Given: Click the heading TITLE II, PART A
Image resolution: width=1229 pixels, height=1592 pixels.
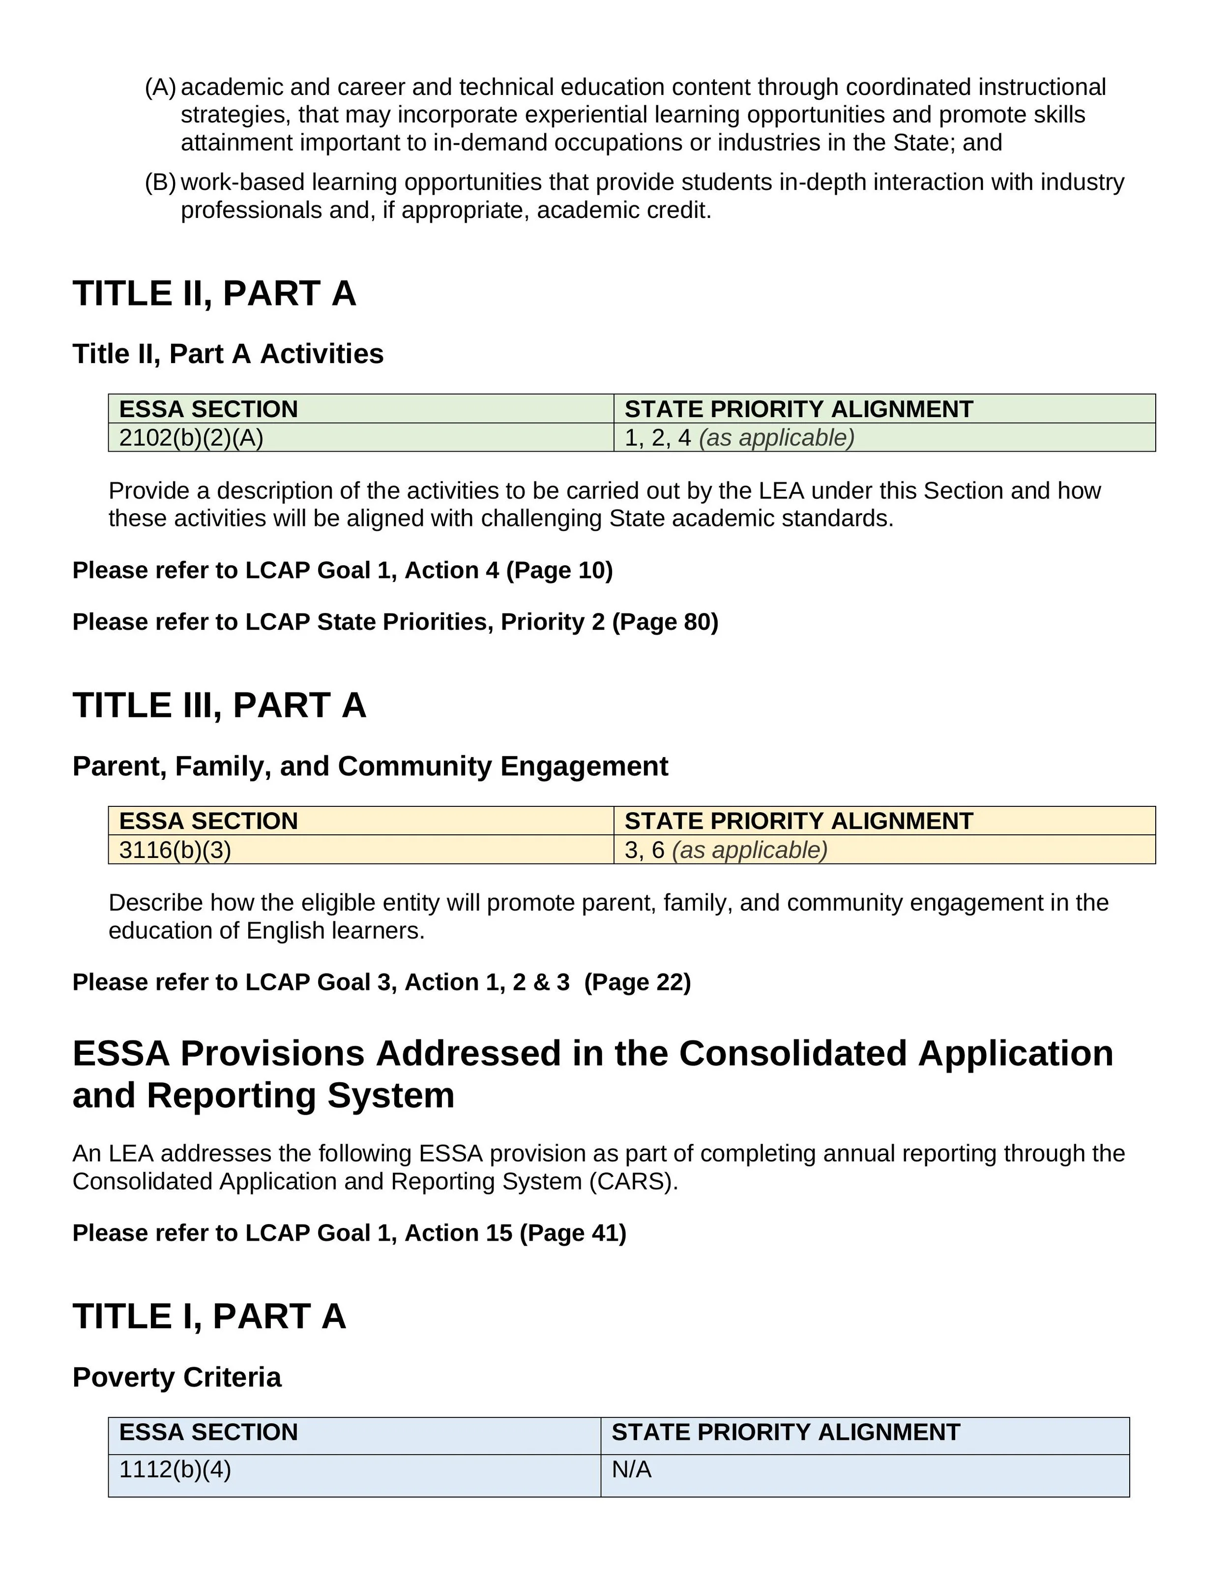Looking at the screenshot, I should point(214,293).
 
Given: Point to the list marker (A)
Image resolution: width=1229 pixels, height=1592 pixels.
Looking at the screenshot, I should point(160,87).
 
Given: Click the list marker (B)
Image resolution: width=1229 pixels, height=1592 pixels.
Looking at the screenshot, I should point(160,182).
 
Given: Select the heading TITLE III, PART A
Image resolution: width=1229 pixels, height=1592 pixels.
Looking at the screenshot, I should point(219,705).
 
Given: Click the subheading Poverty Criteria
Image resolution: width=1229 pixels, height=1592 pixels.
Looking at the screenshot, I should point(176,1377).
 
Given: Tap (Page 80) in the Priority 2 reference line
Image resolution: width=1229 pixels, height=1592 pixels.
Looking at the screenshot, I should point(665,622).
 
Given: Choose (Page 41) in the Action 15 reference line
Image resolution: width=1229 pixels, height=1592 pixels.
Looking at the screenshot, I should point(573,1233).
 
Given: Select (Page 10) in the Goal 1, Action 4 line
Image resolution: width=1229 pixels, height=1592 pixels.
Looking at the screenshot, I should point(559,570).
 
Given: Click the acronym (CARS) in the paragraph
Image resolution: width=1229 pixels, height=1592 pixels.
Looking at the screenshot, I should point(632,1181).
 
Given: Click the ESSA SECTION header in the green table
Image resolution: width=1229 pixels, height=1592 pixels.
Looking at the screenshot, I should point(208,409).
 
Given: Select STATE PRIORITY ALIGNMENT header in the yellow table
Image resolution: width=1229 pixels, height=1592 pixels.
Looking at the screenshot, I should point(798,821).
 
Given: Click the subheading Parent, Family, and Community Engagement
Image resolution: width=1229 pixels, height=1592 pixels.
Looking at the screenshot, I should point(370,766).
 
